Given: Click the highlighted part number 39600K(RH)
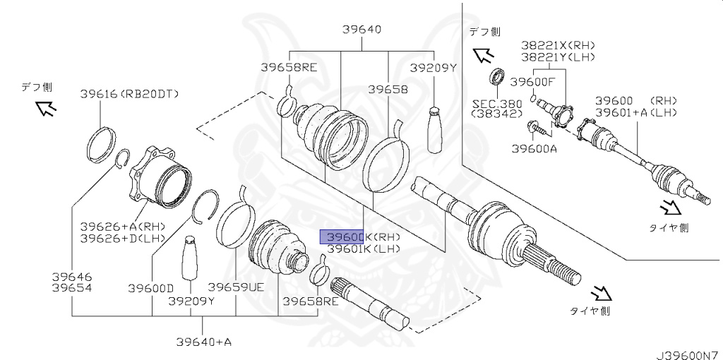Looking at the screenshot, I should [360, 237].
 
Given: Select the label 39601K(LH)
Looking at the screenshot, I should [360, 248].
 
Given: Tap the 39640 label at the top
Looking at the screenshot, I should [362, 30].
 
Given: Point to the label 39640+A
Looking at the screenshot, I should [204, 342].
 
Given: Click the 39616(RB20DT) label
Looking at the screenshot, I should [129, 93].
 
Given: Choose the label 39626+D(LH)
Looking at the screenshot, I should [123, 238].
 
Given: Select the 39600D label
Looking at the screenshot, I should [151, 287].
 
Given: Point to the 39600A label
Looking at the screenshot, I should [534, 149].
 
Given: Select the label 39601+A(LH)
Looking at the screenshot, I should [635, 112].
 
